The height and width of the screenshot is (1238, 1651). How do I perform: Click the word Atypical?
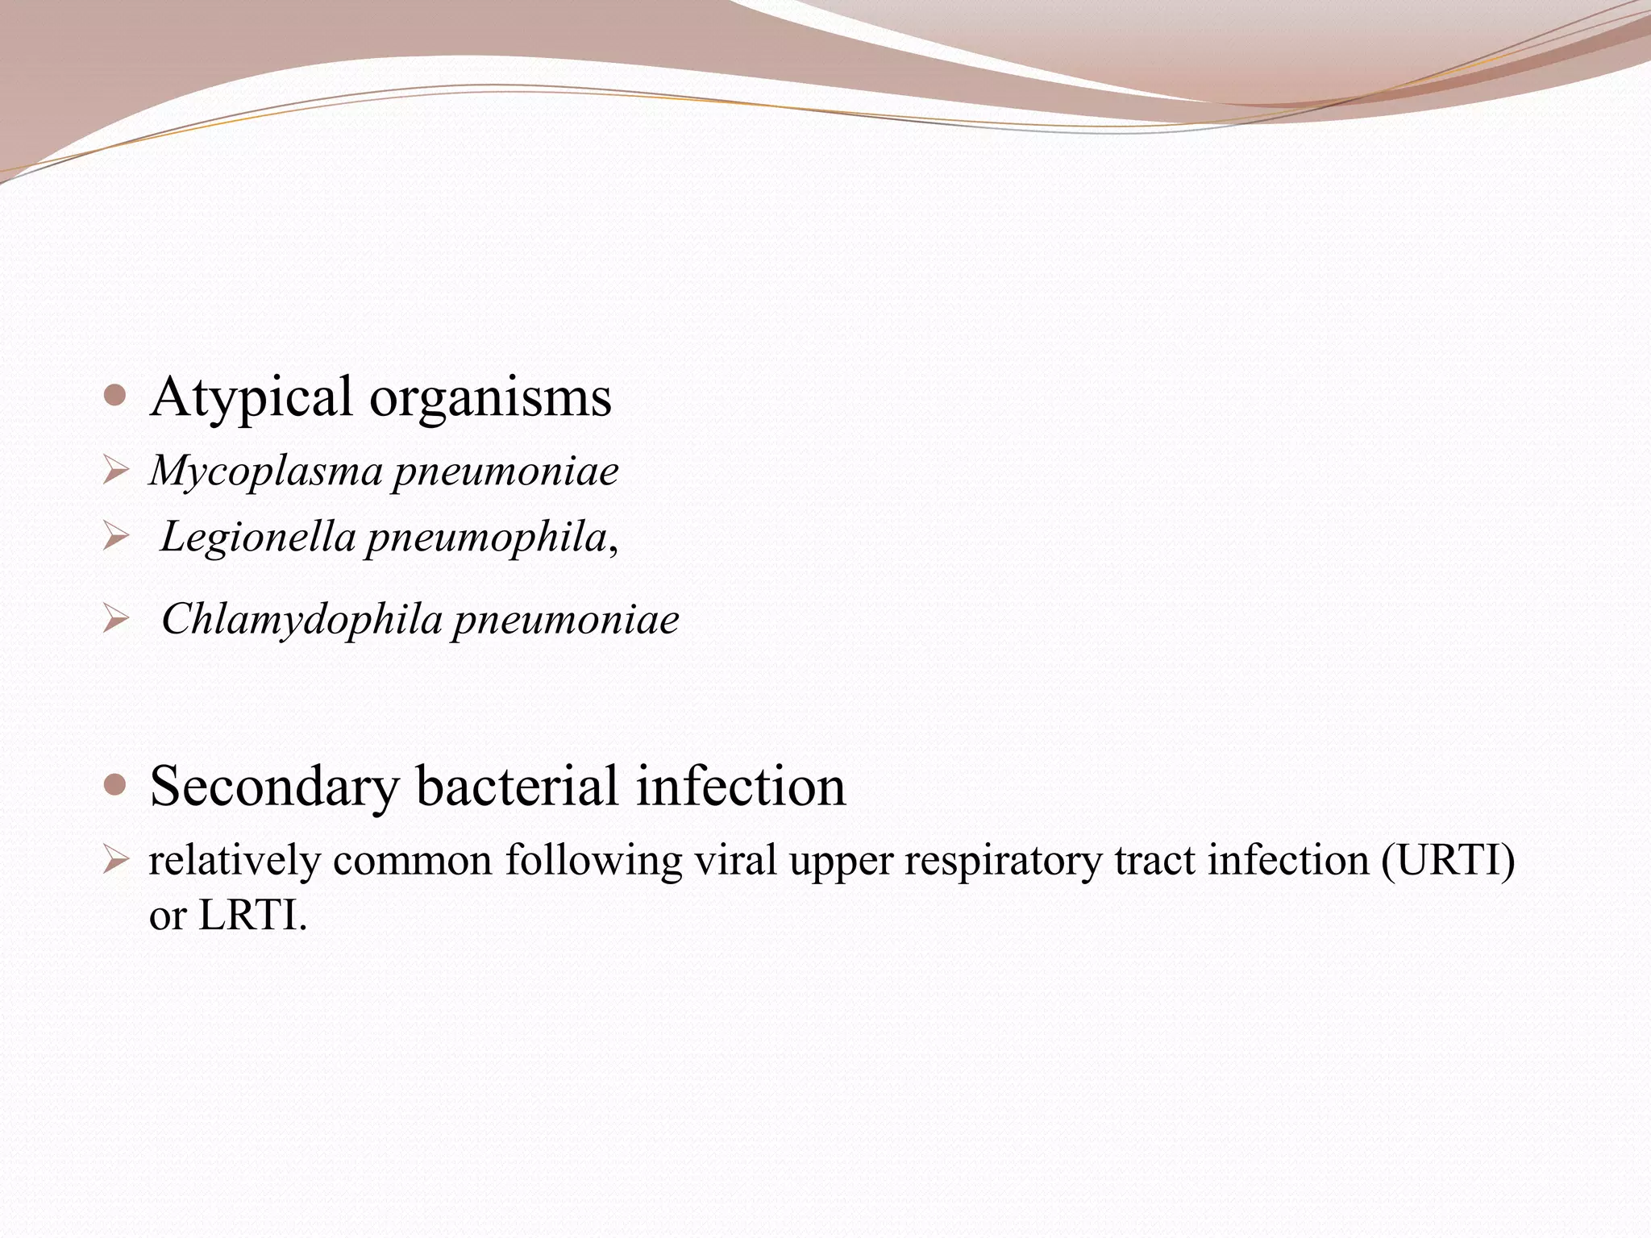pyautogui.click(x=251, y=397)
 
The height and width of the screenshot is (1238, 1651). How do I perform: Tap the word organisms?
pyautogui.click(x=490, y=397)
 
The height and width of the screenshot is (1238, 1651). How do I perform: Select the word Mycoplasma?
pyautogui.click(x=265, y=471)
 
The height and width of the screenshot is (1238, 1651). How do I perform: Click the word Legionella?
pyautogui.click(x=257, y=537)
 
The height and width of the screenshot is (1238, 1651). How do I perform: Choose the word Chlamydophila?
pyautogui.click(x=302, y=620)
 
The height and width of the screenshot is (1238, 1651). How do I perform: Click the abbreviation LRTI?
pyautogui.click(x=252, y=915)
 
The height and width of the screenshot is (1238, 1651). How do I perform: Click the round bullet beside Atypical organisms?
pyautogui.click(x=115, y=396)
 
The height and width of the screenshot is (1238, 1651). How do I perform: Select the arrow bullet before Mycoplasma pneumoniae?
pyautogui.click(x=116, y=471)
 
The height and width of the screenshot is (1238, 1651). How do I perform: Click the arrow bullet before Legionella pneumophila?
pyautogui.click(x=116, y=538)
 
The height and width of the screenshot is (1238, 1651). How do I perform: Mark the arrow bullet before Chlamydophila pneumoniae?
pyautogui.click(x=116, y=620)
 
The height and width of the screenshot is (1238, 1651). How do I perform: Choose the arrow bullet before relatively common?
pyautogui.click(x=116, y=861)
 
